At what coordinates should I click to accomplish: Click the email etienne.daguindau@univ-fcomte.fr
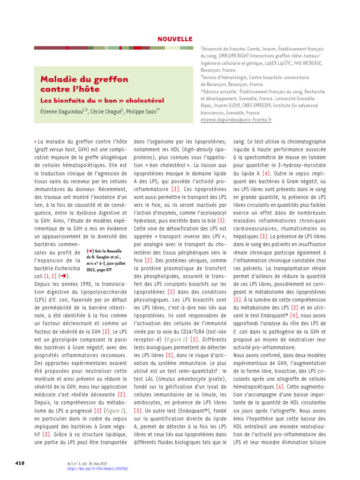tap(236, 120)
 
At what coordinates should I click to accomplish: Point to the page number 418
tap(20, 463)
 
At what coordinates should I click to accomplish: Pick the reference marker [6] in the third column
tap(280, 387)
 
